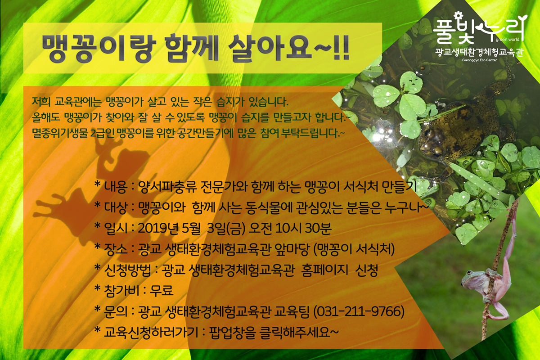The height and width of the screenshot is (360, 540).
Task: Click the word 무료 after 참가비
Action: click(x=161, y=290)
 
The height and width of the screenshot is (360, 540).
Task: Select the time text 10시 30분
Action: click(x=303, y=228)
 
